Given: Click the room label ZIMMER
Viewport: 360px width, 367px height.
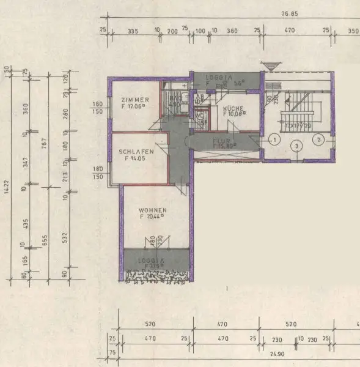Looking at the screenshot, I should click(x=133, y=100).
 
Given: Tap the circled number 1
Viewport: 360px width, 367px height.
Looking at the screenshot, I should click(x=275, y=140).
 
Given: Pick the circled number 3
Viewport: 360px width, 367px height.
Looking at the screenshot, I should click(x=296, y=146).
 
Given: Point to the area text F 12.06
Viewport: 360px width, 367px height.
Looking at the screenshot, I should click(x=133, y=106).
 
